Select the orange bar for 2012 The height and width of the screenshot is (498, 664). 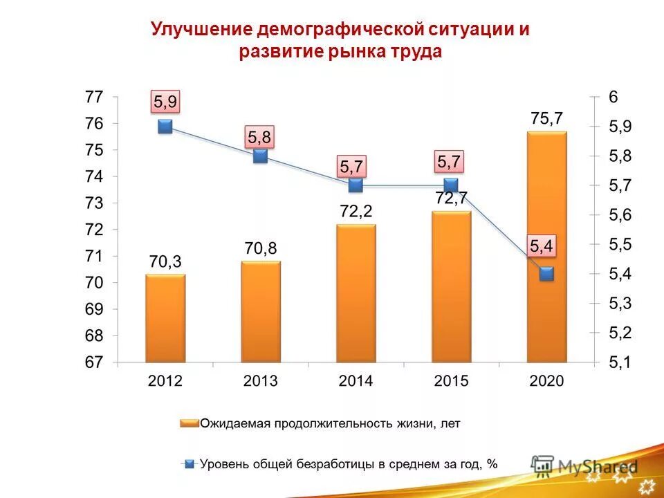click(x=165, y=318)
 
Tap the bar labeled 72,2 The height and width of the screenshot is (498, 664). click(x=356, y=293)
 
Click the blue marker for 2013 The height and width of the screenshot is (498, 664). click(x=260, y=156)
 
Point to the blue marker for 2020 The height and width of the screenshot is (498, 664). click(x=546, y=274)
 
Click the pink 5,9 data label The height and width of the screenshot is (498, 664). click(x=165, y=102)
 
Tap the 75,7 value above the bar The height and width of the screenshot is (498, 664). click(x=546, y=119)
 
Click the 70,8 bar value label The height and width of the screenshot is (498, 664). click(x=260, y=248)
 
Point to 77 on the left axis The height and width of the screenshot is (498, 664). click(x=94, y=98)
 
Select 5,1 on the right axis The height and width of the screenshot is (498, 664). click(x=620, y=362)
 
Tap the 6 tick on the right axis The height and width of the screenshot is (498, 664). click(x=613, y=98)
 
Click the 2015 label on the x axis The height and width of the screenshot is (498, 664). click(x=451, y=381)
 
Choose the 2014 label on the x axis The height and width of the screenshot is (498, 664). click(x=356, y=381)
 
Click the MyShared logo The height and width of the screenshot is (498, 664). click(x=584, y=465)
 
